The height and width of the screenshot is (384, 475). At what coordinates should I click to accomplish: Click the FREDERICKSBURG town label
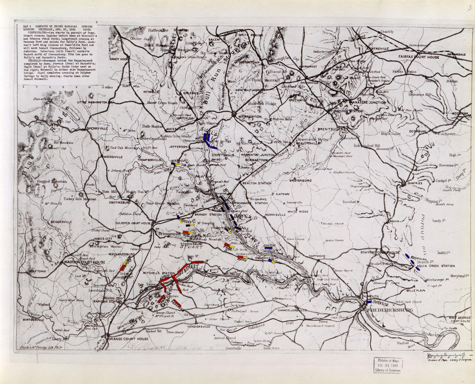coord(389,310)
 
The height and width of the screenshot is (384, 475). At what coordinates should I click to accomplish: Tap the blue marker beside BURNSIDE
coord(369,302)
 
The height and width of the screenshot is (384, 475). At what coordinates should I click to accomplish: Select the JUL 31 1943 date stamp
coord(388,365)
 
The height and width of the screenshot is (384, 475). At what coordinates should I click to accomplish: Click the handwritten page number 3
coord(469,7)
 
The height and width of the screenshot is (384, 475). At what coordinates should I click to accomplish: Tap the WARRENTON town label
coord(248,117)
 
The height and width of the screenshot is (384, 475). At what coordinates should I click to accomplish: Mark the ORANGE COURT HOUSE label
coord(128,339)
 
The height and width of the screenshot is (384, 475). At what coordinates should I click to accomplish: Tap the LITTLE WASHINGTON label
coord(92,102)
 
